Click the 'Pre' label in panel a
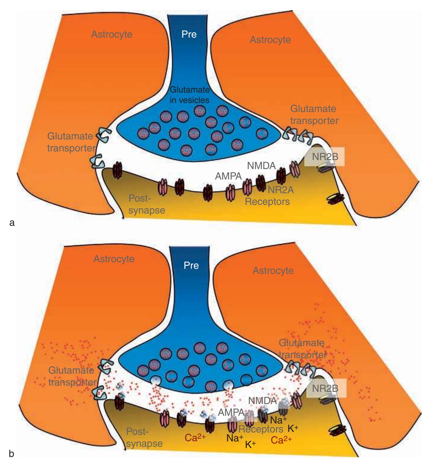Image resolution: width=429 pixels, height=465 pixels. click(189, 35)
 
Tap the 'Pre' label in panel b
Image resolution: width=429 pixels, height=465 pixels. click(191, 265)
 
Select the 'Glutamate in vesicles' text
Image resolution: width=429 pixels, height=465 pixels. click(190, 95)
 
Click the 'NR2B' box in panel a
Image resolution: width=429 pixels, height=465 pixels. click(325, 156)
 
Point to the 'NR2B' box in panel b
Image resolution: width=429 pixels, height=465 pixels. click(327, 388)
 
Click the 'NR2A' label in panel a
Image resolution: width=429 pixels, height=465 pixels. click(280, 190)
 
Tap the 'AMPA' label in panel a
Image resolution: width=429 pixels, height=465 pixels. click(229, 176)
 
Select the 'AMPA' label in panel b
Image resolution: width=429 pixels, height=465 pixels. click(231, 412)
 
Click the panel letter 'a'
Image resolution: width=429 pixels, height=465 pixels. click(12, 222)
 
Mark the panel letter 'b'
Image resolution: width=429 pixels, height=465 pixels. click(12, 455)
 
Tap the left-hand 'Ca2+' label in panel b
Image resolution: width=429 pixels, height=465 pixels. click(196, 438)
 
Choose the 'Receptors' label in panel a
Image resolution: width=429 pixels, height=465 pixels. click(267, 202)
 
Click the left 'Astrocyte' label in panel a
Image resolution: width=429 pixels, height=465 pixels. click(112, 34)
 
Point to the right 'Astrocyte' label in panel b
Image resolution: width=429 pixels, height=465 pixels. click(273, 271)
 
